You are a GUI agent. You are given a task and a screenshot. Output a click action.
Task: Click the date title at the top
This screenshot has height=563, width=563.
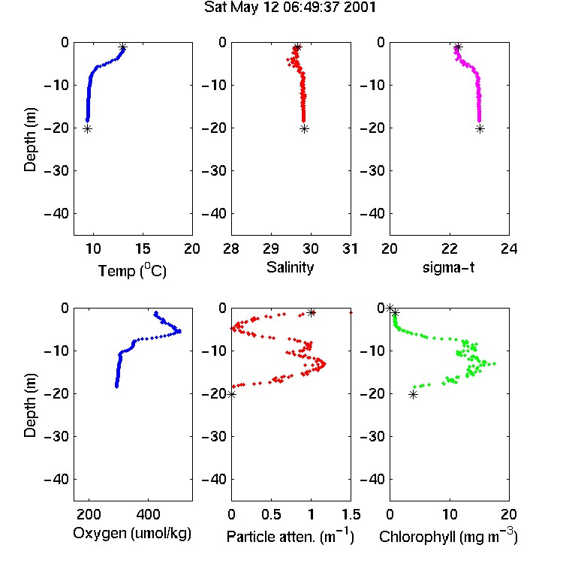pyautogui.click(x=290, y=8)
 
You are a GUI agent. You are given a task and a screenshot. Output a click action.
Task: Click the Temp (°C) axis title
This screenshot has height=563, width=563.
pyautogui.click(x=132, y=270)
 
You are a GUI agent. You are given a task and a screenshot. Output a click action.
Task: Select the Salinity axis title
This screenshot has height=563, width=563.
pyautogui.click(x=290, y=267)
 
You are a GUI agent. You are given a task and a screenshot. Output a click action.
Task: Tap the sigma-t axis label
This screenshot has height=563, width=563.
pyautogui.click(x=448, y=267)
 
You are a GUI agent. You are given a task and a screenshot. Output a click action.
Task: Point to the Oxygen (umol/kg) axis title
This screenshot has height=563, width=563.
pyautogui.click(x=132, y=534)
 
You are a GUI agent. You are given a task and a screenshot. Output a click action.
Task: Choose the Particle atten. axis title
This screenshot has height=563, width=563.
pyautogui.click(x=290, y=536)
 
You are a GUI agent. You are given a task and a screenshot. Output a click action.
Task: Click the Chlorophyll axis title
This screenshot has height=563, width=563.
pyautogui.click(x=448, y=536)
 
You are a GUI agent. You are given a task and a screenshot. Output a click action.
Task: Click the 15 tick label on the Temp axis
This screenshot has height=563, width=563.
pyautogui.click(x=143, y=248)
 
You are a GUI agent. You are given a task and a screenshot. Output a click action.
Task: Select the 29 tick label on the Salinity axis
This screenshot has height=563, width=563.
pyautogui.click(x=271, y=248)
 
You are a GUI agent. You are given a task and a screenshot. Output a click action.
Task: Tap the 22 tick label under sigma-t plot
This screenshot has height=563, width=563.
pyautogui.click(x=449, y=248)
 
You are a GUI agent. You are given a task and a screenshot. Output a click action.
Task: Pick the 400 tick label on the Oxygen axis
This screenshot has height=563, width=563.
pyautogui.click(x=148, y=514)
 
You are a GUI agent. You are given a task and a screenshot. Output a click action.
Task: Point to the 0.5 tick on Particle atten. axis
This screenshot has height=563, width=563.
pyautogui.click(x=271, y=514)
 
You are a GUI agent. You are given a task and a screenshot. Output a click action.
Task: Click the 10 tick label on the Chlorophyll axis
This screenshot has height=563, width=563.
pyautogui.click(x=449, y=514)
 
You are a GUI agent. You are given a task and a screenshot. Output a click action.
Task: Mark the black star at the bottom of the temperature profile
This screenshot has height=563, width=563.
pyautogui.click(x=88, y=129)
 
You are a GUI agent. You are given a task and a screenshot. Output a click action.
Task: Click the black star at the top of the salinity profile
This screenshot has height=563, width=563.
pyautogui.click(x=297, y=47)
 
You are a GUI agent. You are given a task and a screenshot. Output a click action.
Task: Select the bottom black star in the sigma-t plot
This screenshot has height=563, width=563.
pyautogui.click(x=480, y=129)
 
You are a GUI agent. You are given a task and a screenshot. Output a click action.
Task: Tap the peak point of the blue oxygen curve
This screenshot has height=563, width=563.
pyautogui.click(x=179, y=331)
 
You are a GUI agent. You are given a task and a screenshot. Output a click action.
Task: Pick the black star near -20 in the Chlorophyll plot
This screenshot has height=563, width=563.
pyautogui.click(x=414, y=395)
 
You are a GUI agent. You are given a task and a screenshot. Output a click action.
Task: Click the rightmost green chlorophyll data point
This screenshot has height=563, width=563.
pyautogui.click(x=495, y=364)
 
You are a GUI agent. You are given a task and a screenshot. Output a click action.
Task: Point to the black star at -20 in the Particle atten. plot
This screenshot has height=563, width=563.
pyautogui.click(x=232, y=395)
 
